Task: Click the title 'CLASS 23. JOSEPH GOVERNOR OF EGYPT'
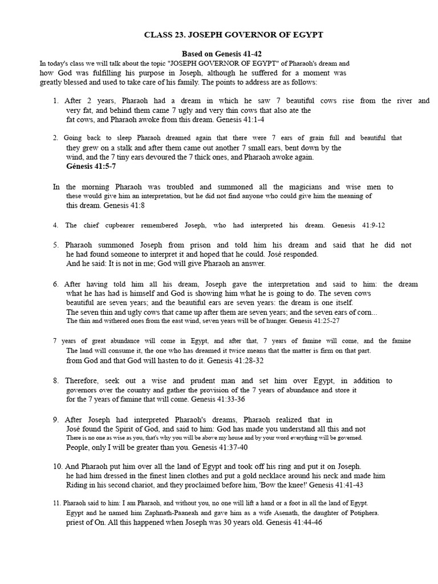pos(234,35)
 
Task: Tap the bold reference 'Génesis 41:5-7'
pos(91,167)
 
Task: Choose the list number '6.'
pos(56,284)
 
